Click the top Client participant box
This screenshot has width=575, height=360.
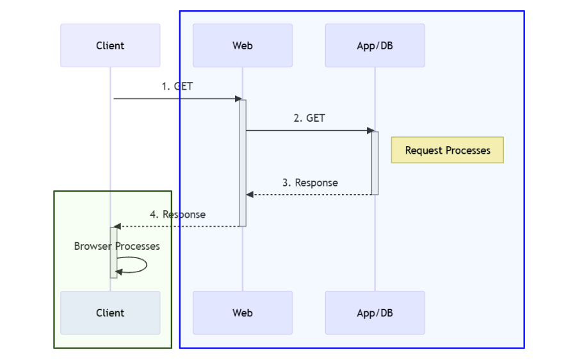point(110,45)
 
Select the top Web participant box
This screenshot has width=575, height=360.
point(243,45)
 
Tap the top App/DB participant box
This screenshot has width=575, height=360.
point(375,45)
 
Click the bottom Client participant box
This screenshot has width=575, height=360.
point(110,313)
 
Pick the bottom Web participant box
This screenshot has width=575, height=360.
point(243,313)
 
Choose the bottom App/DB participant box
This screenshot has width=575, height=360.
point(375,313)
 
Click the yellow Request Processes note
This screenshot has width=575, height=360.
point(448,151)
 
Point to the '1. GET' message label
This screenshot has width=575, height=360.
point(177,86)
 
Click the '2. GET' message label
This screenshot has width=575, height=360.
point(309,118)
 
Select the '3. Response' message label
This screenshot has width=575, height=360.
point(310,183)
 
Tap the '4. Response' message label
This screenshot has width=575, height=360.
point(177,215)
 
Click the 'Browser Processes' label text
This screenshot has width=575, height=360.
point(117,246)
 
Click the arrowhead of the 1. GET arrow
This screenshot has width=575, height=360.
point(236,99)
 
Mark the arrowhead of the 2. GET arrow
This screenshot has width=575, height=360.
point(369,131)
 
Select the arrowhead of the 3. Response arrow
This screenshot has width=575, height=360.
point(250,195)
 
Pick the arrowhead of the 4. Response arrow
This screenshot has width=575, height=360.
point(117,227)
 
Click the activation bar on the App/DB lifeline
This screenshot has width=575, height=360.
point(375,163)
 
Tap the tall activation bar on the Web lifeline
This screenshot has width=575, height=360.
point(243,163)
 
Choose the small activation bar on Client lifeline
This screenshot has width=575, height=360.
point(113,252)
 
